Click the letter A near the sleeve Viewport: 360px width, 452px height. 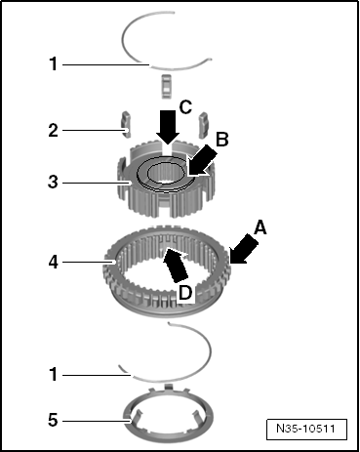(x=260, y=227)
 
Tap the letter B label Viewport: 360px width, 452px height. (x=222, y=140)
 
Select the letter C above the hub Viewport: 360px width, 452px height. (x=185, y=107)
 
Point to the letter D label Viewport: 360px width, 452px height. (x=185, y=293)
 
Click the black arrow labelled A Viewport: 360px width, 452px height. (x=244, y=250)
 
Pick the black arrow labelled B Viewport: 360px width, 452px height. (x=202, y=160)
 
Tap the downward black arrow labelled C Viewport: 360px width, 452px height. (x=168, y=127)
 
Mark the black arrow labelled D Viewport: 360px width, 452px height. (x=175, y=265)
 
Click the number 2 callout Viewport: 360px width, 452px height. (x=54, y=131)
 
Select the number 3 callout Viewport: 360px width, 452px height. (x=53, y=182)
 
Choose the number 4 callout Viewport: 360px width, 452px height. (x=54, y=262)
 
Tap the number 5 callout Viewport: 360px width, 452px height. (x=53, y=420)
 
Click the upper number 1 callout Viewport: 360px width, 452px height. (x=54, y=63)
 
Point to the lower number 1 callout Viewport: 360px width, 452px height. (x=54, y=374)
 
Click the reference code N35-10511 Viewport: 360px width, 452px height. (x=305, y=429)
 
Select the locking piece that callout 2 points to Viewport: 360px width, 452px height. (x=126, y=124)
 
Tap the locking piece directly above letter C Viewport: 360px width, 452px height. (x=166, y=86)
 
